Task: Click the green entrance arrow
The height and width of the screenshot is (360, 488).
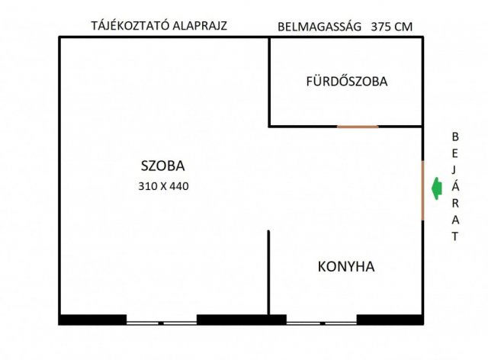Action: pos(436,188)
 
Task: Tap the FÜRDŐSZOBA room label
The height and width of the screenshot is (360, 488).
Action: pos(347,81)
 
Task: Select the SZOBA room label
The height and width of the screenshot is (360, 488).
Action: pos(163,165)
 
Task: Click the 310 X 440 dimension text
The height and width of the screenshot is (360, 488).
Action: pos(163,185)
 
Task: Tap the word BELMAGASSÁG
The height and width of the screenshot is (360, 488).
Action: pos(319,25)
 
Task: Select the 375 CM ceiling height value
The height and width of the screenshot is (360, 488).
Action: pos(392,25)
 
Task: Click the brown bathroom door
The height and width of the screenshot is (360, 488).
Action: pos(358,127)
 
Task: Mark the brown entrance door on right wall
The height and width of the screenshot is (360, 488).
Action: pos(423,190)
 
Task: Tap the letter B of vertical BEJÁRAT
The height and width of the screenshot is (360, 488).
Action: pos(456,137)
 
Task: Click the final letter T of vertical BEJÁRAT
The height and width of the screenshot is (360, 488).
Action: pos(456,236)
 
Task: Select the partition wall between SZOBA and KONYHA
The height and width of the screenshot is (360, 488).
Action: pos(268,271)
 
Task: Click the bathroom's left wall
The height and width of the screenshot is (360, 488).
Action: pos(269,82)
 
